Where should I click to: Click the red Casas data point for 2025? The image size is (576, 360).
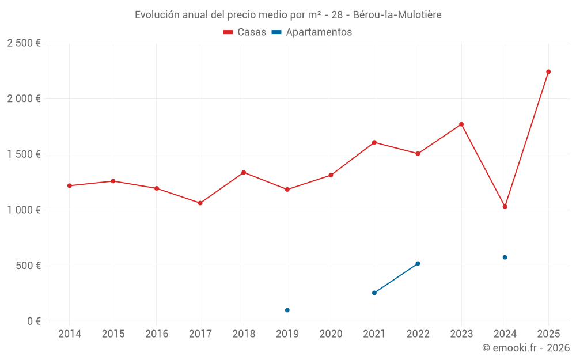click(548, 72)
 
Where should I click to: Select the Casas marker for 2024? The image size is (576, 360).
click(505, 207)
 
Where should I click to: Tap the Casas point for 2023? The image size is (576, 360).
click(461, 124)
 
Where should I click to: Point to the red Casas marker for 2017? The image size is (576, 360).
click(200, 203)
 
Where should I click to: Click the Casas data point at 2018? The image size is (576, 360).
click(244, 172)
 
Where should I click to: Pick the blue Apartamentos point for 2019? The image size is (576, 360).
click(287, 310)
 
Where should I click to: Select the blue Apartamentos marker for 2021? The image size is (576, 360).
click(374, 293)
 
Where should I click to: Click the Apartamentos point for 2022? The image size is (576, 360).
click(418, 264)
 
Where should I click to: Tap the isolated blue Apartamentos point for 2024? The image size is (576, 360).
click(505, 257)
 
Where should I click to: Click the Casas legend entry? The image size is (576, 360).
click(245, 32)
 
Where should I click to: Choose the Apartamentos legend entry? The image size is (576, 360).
click(312, 32)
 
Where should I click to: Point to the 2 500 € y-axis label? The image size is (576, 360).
click(24, 43)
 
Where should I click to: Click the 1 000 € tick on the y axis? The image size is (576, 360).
click(24, 210)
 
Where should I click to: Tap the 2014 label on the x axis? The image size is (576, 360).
click(70, 334)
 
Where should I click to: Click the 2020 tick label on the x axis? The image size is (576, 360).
click(331, 334)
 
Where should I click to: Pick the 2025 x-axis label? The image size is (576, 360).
click(548, 334)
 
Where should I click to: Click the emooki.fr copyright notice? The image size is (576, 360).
click(525, 348)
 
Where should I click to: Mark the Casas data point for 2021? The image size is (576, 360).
click(374, 142)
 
